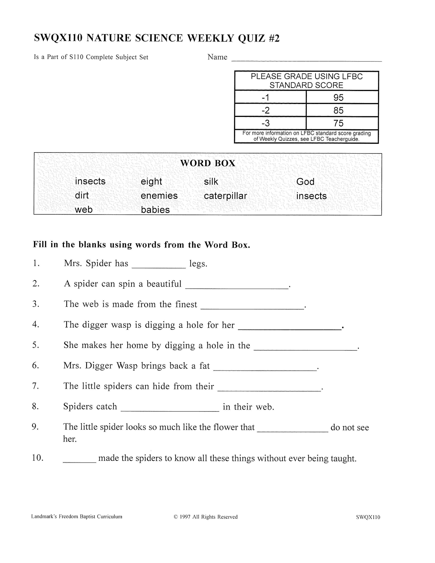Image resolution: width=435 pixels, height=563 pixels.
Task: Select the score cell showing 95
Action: point(338,97)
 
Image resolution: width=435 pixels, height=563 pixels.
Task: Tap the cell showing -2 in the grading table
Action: point(265,110)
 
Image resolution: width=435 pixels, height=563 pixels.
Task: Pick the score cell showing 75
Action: point(338,123)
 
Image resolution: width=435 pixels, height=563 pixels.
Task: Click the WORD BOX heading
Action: point(208,163)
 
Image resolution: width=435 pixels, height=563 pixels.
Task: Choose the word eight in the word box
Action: point(151,182)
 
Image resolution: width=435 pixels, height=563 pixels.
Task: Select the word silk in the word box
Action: point(211,182)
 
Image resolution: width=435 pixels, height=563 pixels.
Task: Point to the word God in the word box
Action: point(305,182)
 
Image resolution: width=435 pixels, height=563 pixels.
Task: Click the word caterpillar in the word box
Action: point(225,196)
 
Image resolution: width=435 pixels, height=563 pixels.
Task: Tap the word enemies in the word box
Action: point(159,196)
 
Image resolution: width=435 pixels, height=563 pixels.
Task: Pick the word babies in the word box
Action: point(155,210)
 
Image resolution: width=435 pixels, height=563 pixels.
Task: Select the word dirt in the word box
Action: point(82,195)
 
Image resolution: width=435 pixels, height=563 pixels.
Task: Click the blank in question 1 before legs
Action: point(158,266)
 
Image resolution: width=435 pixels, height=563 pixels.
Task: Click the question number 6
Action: point(36,366)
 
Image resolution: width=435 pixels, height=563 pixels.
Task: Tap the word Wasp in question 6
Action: point(127,366)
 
